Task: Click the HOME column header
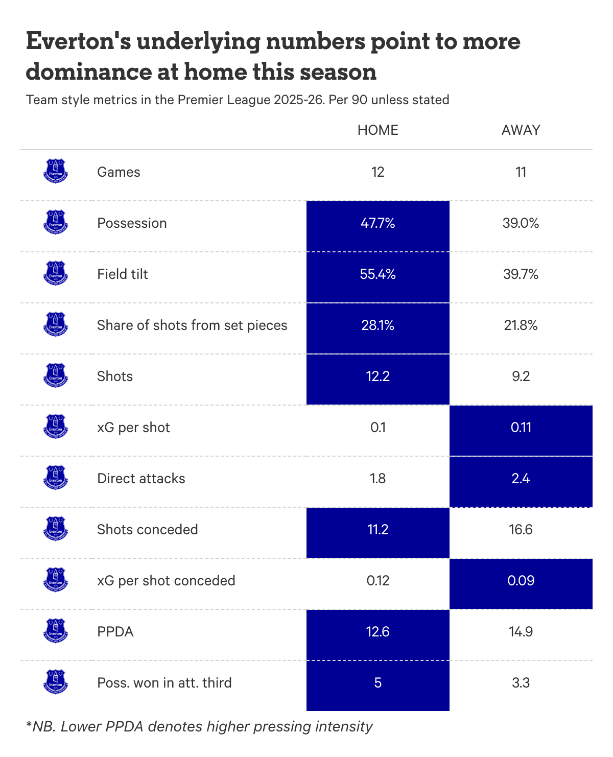tap(378, 130)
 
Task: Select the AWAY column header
tap(521, 130)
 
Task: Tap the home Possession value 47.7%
tap(378, 223)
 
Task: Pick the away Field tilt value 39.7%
tap(521, 274)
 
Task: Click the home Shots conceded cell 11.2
tap(378, 530)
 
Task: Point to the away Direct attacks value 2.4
tap(521, 479)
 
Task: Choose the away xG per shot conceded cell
tap(521, 581)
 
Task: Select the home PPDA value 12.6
tap(378, 632)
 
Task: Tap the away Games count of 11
tap(521, 172)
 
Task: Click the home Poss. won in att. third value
tap(378, 683)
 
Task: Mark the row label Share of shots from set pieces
tap(192, 325)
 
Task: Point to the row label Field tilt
tap(123, 274)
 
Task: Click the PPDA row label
tap(115, 632)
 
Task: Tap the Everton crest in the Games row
tap(56, 171)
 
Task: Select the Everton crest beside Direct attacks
tap(56, 478)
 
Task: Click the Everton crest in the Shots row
tap(56, 375)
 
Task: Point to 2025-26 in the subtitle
tap(299, 100)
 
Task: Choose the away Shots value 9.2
tap(521, 376)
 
